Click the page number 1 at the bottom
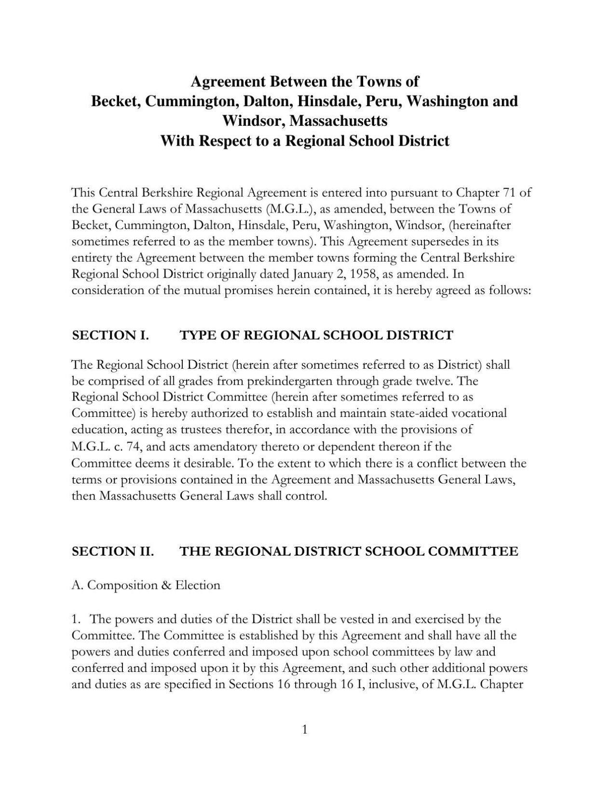pyautogui.click(x=304, y=730)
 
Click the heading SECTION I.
pyautogui.click(x=110, y=335)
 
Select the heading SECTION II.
pyautogui.click(x=113, y=551)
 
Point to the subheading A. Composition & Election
pyautogui.click(x=146, y=585)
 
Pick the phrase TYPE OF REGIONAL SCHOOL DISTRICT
pyautogui.click(x=316, y=335)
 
